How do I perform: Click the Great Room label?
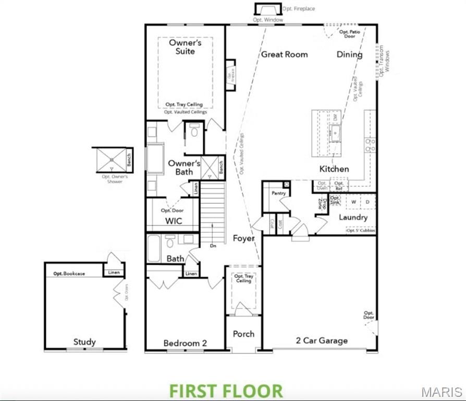click(x=284, y=54)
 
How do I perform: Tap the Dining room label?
click(x=349, y=54)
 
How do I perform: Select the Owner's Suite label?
click(x=185, y=47)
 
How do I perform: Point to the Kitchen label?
click(x=334, y=169)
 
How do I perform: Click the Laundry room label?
click(x=353, y=217)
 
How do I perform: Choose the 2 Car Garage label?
click(x=322, y=341)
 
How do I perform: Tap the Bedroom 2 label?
click(x=185, y=343)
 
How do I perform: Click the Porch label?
click(x=243, y=334)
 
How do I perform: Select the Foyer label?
click(x=243, y=238)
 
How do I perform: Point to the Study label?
click(x=84, y=342)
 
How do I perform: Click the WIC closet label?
click(x=174, y=221)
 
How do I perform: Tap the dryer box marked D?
click(x=367, y=201)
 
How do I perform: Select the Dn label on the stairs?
click(x=212, y=245)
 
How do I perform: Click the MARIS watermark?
click(x=442, y=392)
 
